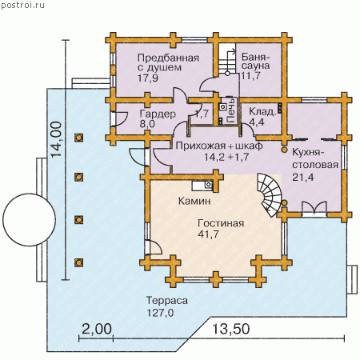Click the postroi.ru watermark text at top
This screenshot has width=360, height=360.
pyautogui.click(x=22, y=5)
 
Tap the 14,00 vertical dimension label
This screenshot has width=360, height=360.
pyautogui.click(x=56, y=139)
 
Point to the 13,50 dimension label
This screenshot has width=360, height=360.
pyautogui.click(x=231, y=329)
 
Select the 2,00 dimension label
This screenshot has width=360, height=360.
pyautogui.click(x=96, y=329)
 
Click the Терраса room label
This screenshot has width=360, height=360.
pyautogui.click(x=167, y=301)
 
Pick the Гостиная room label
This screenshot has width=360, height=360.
pyautogui.click(x=221, y=223)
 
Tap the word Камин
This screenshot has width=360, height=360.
pyautogui.click(x=194, y=201)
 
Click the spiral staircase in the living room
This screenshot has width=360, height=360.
pyautogui.click(x=270, y=194)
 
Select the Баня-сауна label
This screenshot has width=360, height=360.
pyautogui.click(x=255, y=62)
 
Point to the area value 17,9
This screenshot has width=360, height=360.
pyautogui.click(x=148, y=78)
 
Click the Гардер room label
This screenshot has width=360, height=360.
pyautogui.click(x=158, y=114)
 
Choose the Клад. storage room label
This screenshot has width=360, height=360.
pyautogui.click(x=262, y=111)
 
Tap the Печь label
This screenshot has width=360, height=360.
pyautogui.click(x=231, y=110)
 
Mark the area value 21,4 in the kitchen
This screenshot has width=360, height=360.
pyautogui.click(x=302, y=177)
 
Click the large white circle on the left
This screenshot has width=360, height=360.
pyautogui.click(x=29, y=220)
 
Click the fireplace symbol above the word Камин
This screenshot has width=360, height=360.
pyautogui.click(x=202, y=185)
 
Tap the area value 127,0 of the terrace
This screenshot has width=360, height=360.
pyautogui.click(x=160, y=313)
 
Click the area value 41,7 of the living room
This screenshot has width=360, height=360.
pyautogui.click(x=208, y=234)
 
